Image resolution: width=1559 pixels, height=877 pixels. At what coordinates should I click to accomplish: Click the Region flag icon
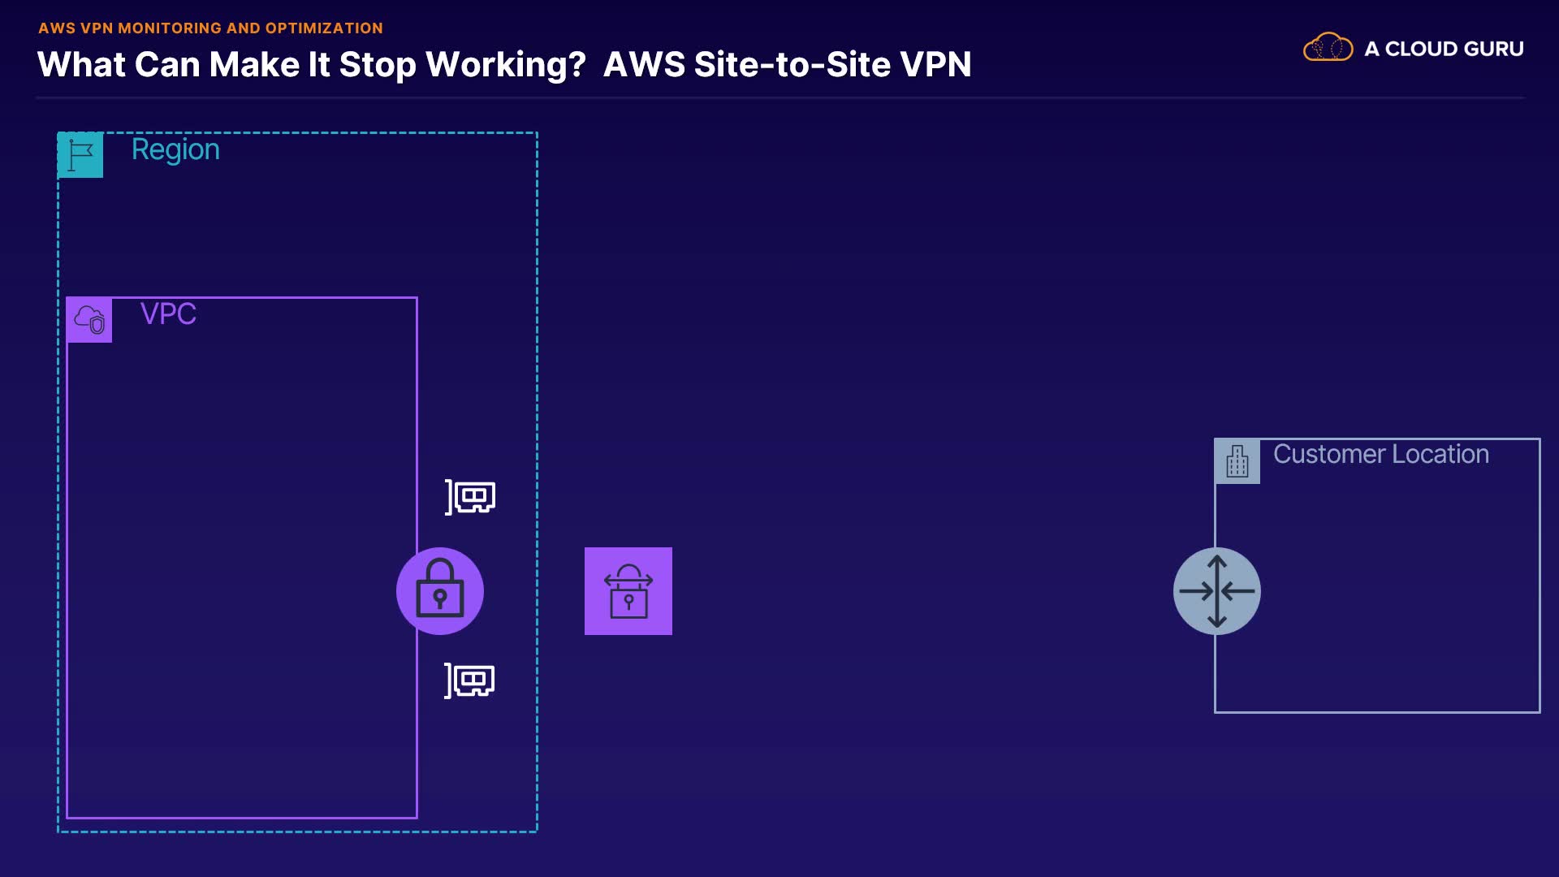click(x=80, y=154)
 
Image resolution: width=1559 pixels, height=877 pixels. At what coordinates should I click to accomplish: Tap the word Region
click(x=175, y=150)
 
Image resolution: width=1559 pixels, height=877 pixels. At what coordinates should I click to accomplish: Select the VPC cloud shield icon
click(x=89, y=320)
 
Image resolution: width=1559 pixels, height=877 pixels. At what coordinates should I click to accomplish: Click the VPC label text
click(x=168, y=314)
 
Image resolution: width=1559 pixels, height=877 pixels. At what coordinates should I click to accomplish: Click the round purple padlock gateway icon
click(x=440, y=591)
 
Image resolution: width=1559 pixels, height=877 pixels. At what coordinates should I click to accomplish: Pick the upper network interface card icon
click(x=471, y=496)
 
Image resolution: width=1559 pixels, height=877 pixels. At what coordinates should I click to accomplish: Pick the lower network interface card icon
click(x=470, y=680)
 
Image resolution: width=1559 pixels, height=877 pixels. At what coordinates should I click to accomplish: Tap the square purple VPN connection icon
click(x=628, y=591)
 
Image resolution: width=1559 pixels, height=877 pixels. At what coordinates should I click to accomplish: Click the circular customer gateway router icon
click(x=1216, y=591)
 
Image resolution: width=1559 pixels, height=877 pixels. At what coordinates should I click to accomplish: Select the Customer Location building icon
click(x=1237, y=461)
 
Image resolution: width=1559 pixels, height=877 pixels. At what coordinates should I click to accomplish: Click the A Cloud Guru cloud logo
click(x=1328, y=49)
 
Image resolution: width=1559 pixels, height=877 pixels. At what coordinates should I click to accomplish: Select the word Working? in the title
click(x=506, y=65)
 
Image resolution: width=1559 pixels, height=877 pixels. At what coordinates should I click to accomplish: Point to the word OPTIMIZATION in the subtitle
click(x=324, y=28)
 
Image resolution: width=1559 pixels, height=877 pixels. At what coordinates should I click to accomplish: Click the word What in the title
click(x=81, y=65)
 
